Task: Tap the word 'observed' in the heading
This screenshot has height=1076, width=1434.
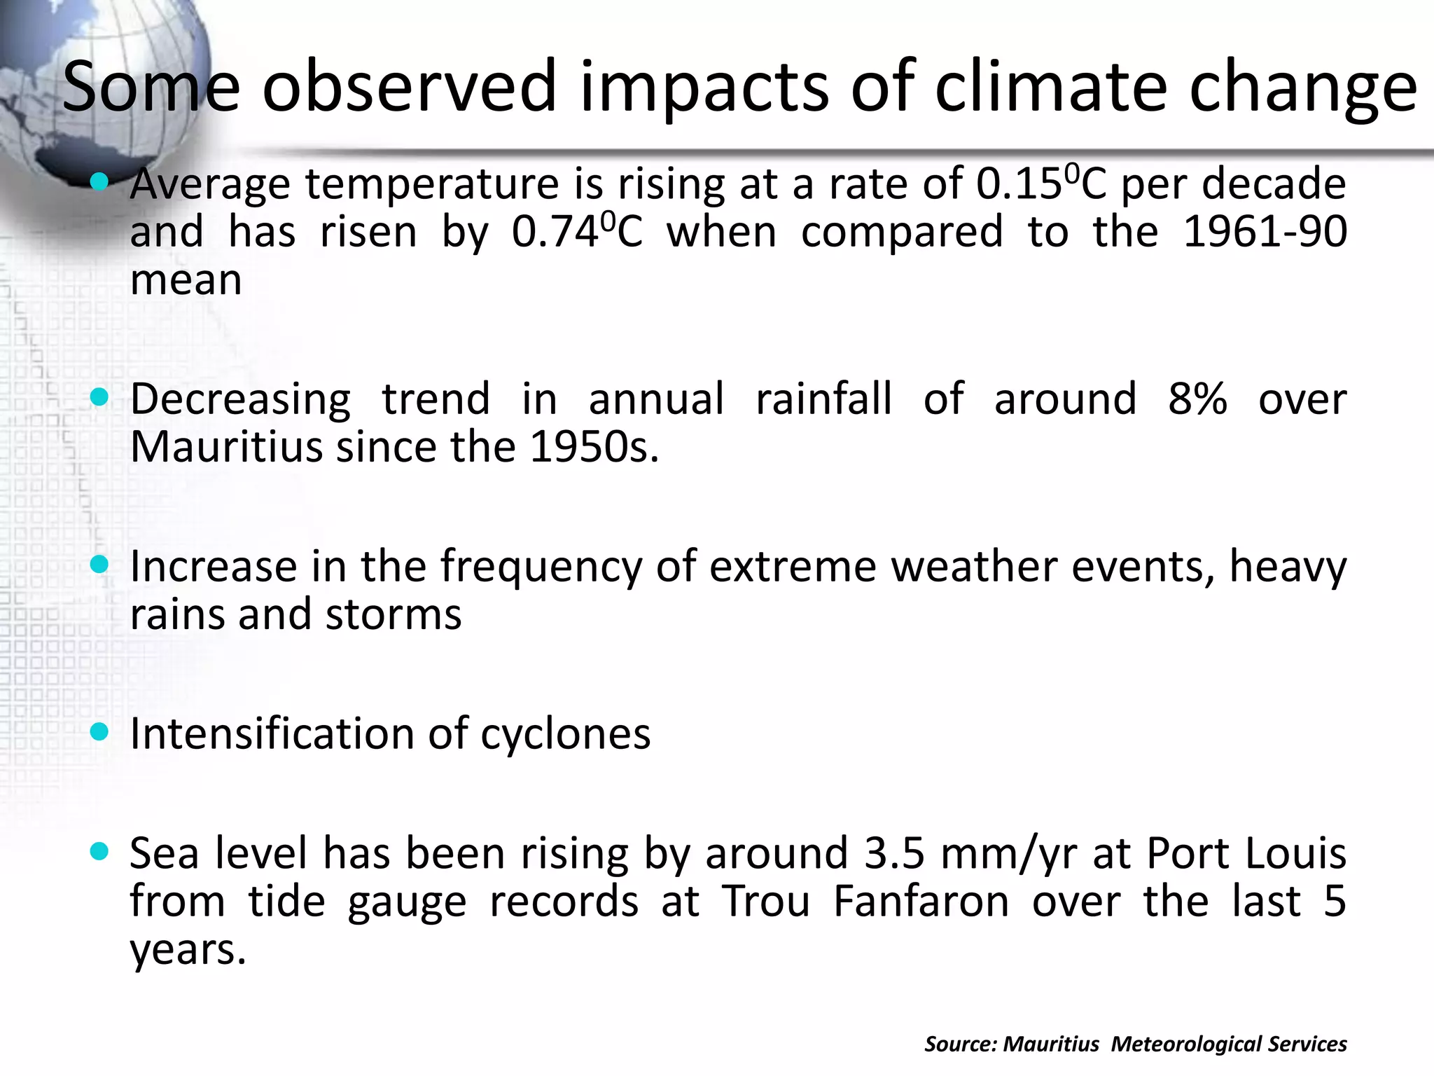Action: (x=409, y=87)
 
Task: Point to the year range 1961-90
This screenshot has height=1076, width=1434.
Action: (x=1264, y=233)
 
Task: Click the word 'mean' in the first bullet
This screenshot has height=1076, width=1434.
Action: (x=186, y=281)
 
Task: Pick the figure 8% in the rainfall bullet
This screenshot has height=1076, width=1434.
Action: (x=1197, y=400)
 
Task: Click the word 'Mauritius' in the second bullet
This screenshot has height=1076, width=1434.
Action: (x=226, y=448)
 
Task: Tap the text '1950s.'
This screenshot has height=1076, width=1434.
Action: (x=594, y=448)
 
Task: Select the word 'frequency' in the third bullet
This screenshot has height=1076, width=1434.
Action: (x=541, y=567)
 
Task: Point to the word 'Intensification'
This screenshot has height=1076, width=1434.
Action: (x=273, y=735)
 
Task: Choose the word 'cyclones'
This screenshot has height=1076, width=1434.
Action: (x=565, y=735)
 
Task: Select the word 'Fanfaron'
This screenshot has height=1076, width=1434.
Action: (x=921, y=902)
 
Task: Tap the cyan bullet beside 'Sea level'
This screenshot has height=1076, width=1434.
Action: (x=100, y=852)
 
